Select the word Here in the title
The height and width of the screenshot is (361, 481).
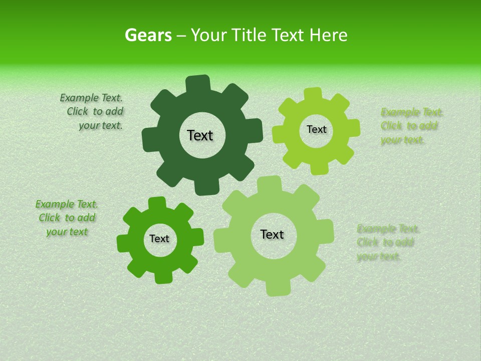[x=328, y=36]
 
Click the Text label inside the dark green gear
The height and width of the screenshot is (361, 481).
[x=200, y=135]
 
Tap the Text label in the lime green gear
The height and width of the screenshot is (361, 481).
[x=316, y=129]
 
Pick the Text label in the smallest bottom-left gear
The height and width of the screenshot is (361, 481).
[x=159, y=239]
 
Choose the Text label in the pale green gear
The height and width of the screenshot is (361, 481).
[x=272, y=234]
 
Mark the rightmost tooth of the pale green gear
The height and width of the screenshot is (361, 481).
[x=326, y=232]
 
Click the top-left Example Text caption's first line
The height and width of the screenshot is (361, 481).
[x=91, y=98]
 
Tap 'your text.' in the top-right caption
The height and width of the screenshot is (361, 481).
[x=402, y=140]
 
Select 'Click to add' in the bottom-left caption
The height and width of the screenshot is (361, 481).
[x=67, y=218]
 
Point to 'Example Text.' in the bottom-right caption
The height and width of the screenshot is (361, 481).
[x=388, y=229]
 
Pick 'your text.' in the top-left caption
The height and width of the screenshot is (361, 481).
[x=101, y=125]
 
